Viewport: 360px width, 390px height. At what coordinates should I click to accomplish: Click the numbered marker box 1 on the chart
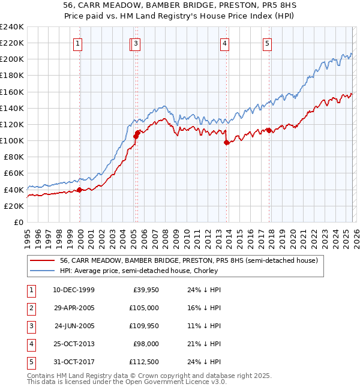coord(79,43)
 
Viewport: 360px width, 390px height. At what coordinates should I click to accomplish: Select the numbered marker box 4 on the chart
coord(224,43)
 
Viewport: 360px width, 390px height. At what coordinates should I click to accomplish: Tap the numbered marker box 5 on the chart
coord(266,43)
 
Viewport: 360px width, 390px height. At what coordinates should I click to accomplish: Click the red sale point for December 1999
coord(80,190)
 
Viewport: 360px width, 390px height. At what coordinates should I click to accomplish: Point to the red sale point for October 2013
coord(226,142)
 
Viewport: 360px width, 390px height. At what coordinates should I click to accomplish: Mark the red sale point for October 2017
coord(269,130)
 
